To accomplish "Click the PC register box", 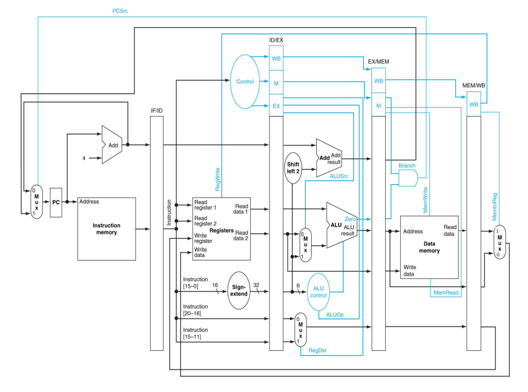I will pyautogui.click(x=56, y=202).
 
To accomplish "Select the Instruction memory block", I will pyautogui.click(x=106, y=228).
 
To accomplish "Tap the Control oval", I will pyautogui.click(x=245, y=81).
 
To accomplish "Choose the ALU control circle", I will pyautogui.click(x=318, y=291).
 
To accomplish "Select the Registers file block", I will pyautogui.click(x=221, y=230).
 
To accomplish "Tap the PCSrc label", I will pyautogui.click(x=120, y=11).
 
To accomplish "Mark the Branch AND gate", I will pyautogui.click(x=408, y=178).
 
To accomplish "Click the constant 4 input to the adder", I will pyautogui.click(x=84, y=158).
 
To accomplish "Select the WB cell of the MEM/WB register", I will pyautogui.click(x=474, y=104).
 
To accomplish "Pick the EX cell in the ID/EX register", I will pyautogui.click(x=276, y=106).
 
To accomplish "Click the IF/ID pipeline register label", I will pyautogui.click(x=157, y=111).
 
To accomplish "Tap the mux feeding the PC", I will pyautogui.click(x=38, y=202).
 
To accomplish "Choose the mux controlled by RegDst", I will pyautogui.click(x=299, y=330).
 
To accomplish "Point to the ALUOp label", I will pyautogui.click(x=335, y=316).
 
